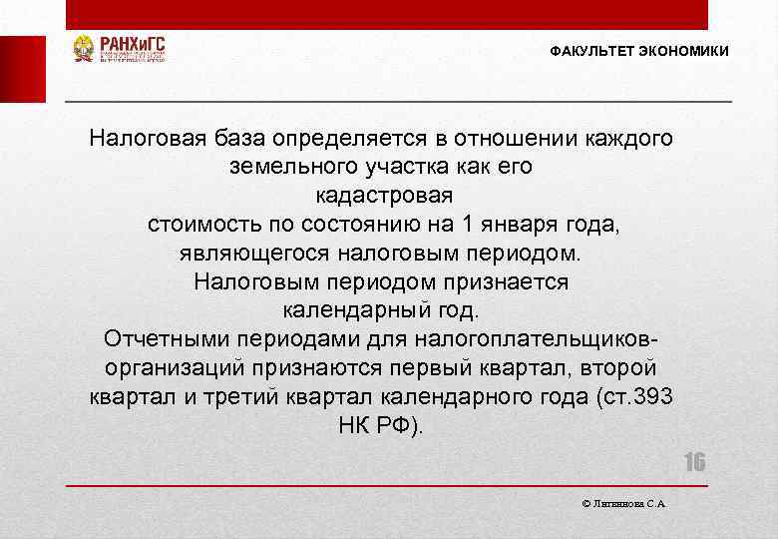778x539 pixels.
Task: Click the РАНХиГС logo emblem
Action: click(84, 49)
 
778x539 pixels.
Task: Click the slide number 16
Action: click(694, 462)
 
